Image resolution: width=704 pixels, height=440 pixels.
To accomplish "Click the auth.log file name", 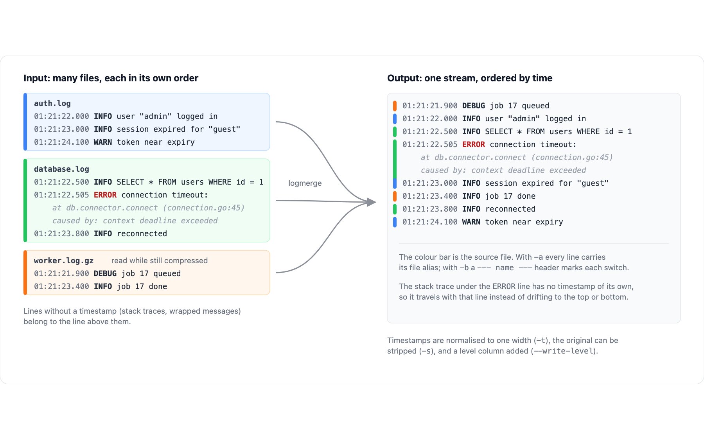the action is click(52, 103).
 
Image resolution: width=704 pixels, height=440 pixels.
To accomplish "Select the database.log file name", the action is click(61, 169).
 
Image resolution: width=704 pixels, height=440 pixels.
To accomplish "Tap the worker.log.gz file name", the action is click(64, 260).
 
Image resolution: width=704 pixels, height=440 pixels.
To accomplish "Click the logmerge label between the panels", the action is click(305, 183).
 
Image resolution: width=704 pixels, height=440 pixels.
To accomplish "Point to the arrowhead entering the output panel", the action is click(372, 202).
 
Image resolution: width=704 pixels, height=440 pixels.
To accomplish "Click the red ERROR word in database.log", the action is click(105, 195).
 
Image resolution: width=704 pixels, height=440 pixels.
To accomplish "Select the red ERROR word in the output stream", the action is click(474, 144).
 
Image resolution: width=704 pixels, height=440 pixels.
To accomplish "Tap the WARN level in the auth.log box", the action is click(103, 142).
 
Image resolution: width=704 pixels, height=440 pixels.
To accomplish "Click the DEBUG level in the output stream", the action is click(474, 106).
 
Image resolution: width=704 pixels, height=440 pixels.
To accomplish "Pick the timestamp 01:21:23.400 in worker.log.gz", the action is click(61, 286).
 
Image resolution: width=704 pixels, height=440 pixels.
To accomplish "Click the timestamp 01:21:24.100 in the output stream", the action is click(430, 222).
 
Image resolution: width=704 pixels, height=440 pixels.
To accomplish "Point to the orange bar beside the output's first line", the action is click(395, 106).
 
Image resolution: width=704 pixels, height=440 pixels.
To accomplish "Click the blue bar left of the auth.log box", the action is click(25, 122).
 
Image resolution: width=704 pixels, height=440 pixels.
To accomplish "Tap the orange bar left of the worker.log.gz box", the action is click(25, 273).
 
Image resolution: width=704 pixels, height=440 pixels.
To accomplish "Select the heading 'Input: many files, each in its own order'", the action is click(111, 78).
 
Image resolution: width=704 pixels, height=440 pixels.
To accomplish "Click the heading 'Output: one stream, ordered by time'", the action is click(470, 78).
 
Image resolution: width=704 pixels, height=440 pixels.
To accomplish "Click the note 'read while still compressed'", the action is click(160, 260).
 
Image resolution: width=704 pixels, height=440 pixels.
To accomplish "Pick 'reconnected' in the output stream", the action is click(510, 209).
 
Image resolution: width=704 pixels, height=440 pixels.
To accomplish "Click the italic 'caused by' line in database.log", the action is click(135, 221).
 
